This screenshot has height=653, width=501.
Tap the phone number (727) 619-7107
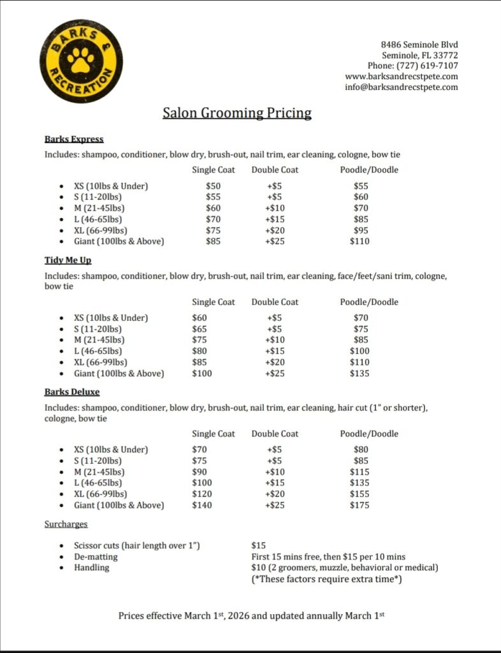(x=427, y=66)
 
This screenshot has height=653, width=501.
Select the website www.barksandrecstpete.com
(x=401, y=77)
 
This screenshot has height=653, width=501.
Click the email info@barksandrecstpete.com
(x=401, y=87)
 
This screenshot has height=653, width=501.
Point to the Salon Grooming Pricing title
(x=237, y=114)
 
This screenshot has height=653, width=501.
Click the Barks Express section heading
(x=74, y=139)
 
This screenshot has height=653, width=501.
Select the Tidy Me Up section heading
(x=68, y=260)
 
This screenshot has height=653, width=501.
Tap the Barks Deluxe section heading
(x=72, y=392)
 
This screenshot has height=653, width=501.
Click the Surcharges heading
(x=66, y=524)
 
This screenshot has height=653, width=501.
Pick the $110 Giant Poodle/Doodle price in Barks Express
(x=359, y=242)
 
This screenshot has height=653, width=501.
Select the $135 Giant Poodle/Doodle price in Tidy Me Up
(x=359, y=374)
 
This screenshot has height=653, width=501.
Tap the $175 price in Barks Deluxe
(x=359, y=506)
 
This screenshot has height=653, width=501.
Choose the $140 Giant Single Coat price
(x=202, y=506)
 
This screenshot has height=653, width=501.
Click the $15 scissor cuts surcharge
(x=259, y=546)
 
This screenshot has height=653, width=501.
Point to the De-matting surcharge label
(x=96, y=557)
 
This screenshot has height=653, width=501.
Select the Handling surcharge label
(x=91, y=568)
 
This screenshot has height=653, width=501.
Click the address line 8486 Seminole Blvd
(x=419, y=45)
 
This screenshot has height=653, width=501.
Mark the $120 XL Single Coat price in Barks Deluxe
(x=202, y=494)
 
